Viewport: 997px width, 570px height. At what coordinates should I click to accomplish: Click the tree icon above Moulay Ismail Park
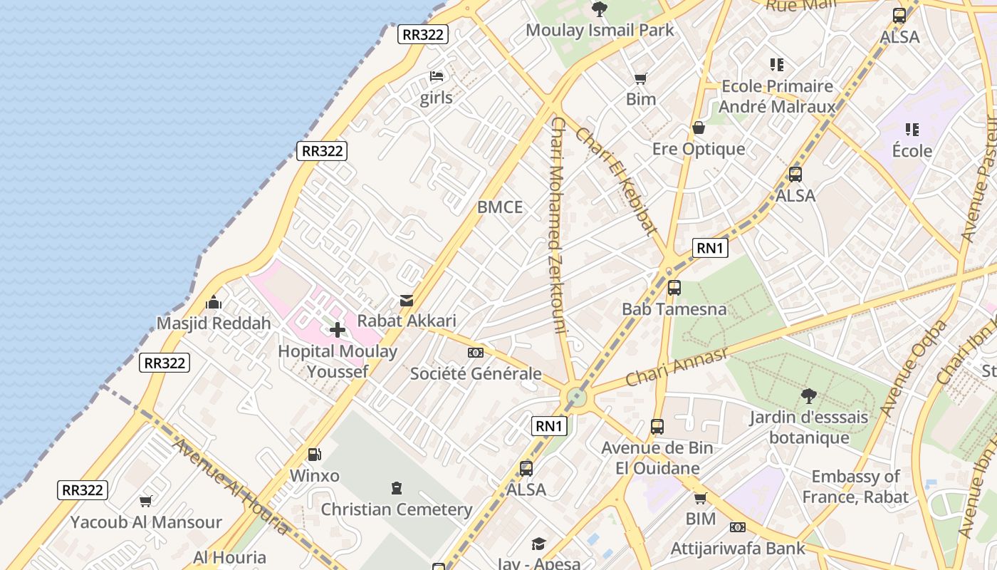(x=600, y=9)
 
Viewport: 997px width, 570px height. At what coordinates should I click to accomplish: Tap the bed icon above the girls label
(x=437, y=76)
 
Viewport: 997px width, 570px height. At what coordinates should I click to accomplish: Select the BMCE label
(x=500, y=207)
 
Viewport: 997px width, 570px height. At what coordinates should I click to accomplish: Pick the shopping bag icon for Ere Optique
(x=699, y=128)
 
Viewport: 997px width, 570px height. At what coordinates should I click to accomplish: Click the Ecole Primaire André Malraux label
(x=777, y=96)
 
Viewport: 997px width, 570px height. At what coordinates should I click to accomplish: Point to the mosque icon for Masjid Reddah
(x=214, y=303)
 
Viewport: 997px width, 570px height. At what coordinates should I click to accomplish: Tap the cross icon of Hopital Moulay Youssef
(x=338, y=330)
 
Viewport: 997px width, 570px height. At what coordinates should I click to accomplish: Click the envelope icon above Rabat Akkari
(x=407, y=301)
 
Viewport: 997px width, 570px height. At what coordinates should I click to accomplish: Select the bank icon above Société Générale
(x=476, y=353)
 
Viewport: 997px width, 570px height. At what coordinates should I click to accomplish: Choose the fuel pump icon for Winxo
(x=314, y=454)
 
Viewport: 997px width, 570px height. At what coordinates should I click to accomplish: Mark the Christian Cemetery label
(x=397, y=509)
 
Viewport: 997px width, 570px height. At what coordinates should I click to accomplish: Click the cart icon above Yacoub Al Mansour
(x=146, y=501)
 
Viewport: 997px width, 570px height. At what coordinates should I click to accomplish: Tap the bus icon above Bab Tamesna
(x=674, y=288)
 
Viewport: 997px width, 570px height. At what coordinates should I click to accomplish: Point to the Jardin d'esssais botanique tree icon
(x=808, y=395)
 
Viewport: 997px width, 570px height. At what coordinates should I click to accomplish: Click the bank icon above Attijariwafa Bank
(x=738, y=527)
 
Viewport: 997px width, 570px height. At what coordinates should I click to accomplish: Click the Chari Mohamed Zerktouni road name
(x=558, y=225)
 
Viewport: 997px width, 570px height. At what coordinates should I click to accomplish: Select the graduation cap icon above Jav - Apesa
(x=538, y=544)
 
